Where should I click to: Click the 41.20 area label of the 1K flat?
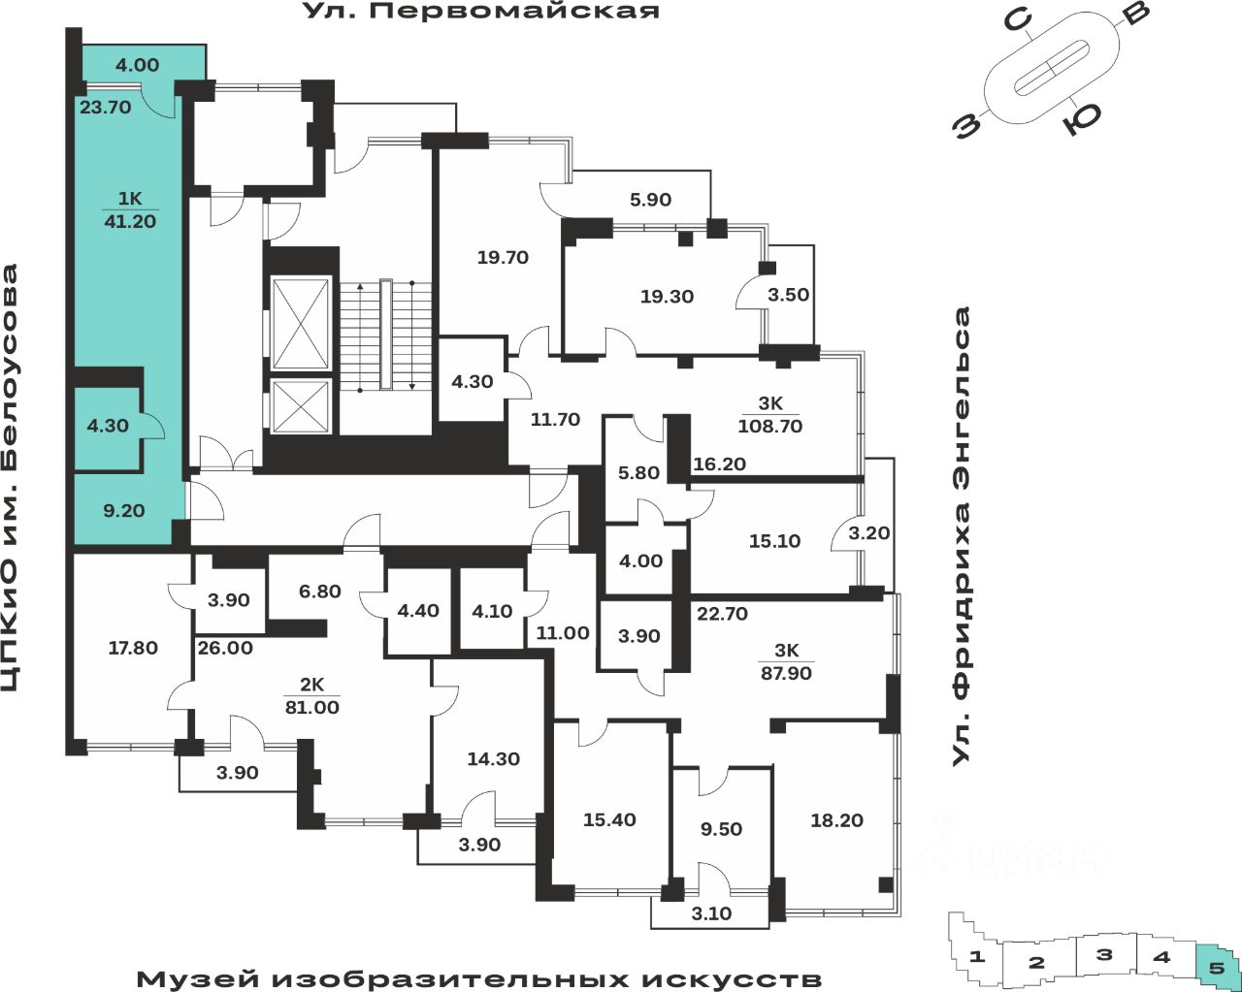click(130, 222)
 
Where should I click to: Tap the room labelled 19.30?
click(667, 297)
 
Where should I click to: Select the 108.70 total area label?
click(770, 426)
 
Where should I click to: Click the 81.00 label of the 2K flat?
click(311, 707)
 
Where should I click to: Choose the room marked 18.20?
click(836, 820)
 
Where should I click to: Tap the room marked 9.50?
click(721, 829)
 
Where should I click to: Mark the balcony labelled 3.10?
click(712, 913)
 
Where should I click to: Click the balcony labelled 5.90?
click(650, 200)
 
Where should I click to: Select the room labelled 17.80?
click(132, 648)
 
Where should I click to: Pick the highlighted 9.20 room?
click(123, 510)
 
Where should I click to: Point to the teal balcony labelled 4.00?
click(137, 65)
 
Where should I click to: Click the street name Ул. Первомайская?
click(480, 12)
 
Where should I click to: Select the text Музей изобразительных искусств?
click(478, 977)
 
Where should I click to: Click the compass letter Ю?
click(1081, 119)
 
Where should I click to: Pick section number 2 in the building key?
click(1036, 963)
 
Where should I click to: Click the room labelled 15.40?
click(609, 820)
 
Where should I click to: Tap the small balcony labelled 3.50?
click(788, 295)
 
